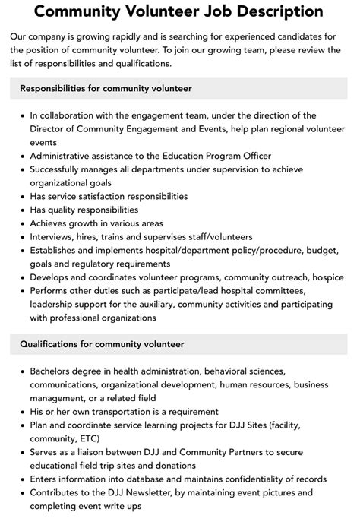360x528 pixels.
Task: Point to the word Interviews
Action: (x=54, y=237)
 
